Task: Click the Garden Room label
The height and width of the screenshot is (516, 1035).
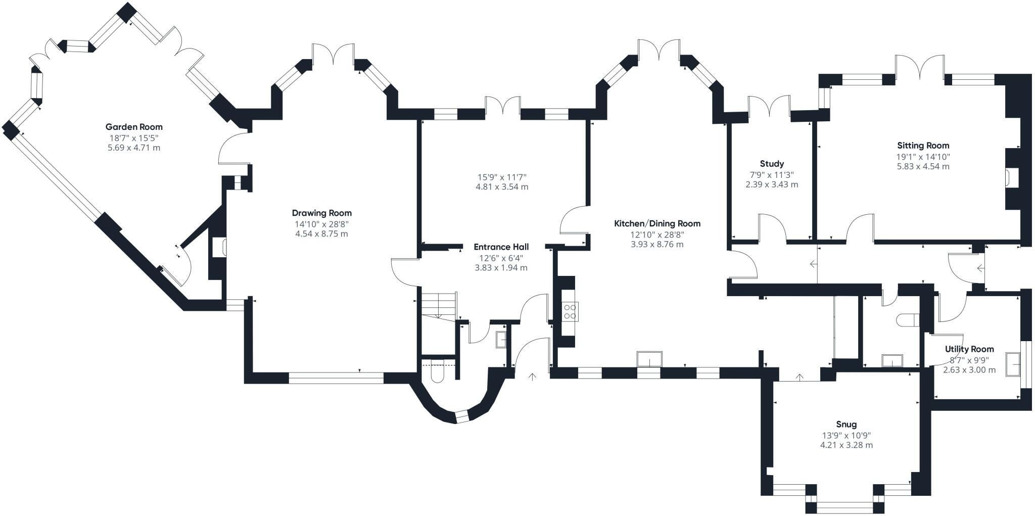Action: (134, 127)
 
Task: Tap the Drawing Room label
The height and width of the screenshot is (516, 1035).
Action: (322, 213)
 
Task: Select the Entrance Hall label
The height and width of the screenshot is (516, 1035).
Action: (501, 247)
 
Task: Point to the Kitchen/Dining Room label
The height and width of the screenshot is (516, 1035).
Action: (657, 223)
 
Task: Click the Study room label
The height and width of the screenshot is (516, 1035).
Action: (772, 164)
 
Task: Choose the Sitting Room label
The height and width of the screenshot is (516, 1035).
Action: (923, 146)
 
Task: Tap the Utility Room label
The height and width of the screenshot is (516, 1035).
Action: (969, 349)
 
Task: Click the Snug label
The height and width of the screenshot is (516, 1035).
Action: (846, 425)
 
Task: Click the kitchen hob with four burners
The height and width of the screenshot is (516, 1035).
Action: (571, 311)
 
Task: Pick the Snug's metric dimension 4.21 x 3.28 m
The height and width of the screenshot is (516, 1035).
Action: (846, 445)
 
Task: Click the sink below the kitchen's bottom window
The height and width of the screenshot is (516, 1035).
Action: (649, 359)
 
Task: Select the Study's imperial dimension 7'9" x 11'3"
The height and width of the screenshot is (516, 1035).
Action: (772, 175)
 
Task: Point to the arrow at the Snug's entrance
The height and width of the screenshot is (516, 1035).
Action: (800, 377)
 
